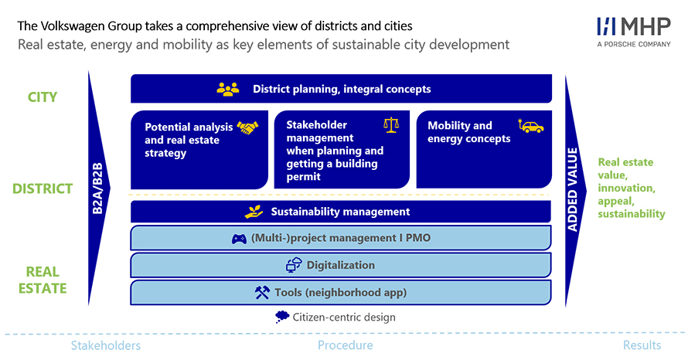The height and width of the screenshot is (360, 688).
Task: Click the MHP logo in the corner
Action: click(x=634, y=32)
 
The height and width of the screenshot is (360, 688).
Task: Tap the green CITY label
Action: click(x=43, y=97)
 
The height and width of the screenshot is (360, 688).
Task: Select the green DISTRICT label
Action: click(x=43, y=188)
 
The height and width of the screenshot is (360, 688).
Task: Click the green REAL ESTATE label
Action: click(x=43, y=280)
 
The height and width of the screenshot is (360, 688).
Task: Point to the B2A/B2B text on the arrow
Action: click(x=97, y=188)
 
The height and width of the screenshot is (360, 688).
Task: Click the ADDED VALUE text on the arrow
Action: click(x=573, y=189)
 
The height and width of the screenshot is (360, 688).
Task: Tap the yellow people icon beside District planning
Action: click(x=228, y=90)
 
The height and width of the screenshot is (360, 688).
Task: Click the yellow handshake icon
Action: click(x=247, y=127)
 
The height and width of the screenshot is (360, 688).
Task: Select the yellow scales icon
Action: click(x=391, y=125)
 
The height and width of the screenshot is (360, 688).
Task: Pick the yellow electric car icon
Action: click(x=531, y=126)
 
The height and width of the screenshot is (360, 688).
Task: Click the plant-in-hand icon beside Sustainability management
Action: click(x=254, y=212)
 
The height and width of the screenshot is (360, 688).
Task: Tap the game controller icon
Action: click(x=239, y=239)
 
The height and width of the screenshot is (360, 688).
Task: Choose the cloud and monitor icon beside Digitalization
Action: click(x=294, y=265)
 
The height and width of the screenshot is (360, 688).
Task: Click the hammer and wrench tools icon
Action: click(x=262, y=293)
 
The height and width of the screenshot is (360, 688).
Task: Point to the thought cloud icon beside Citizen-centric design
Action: click(x=281, y=317)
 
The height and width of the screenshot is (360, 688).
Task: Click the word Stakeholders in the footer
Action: click(x=106, y=345)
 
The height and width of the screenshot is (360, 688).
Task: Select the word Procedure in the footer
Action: click(x=346, y=345)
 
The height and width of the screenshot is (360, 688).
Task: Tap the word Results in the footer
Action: click(x=642, y=345)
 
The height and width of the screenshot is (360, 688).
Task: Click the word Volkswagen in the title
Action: click(x=73, y=26)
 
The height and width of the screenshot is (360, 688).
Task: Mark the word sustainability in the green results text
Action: click(x=632, y=214)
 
